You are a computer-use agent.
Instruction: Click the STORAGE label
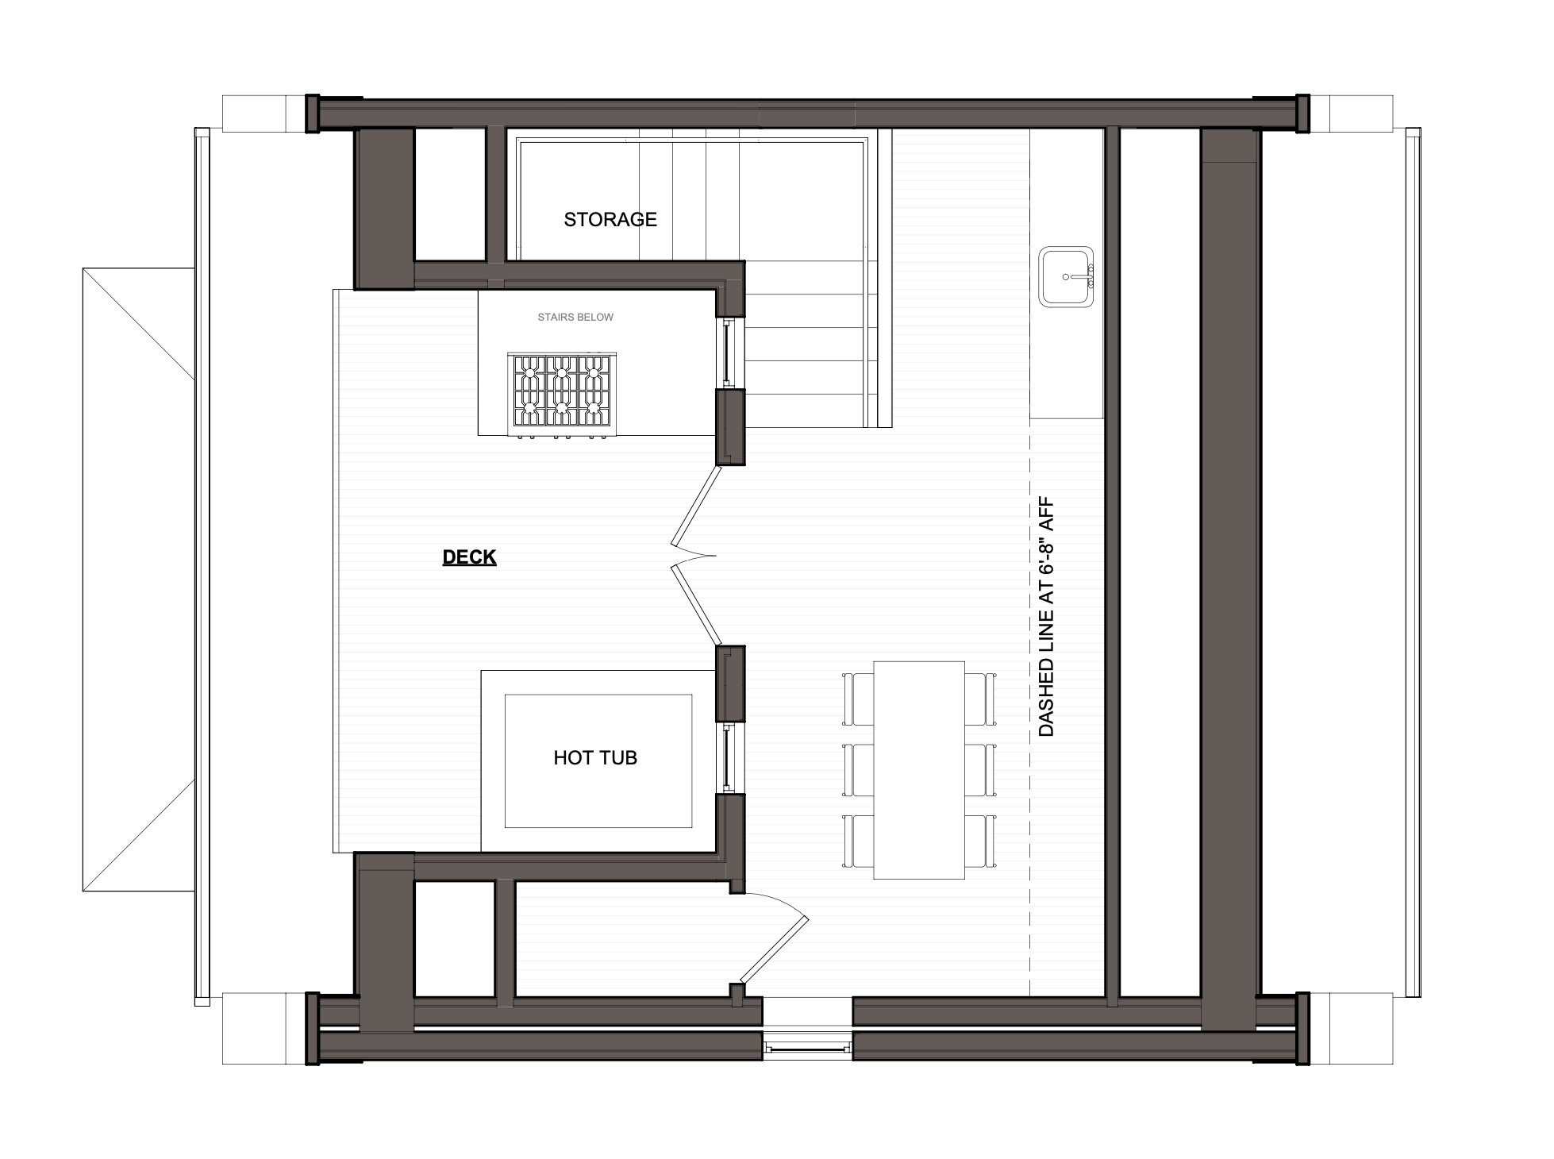pyautogui.click(x=610, y=219)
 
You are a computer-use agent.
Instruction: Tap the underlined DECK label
pyautogui.click(x=469, y=557)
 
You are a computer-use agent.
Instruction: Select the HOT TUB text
pyautogui.click(x=595, y=758)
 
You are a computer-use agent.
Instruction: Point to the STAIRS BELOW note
pyautogui.click(x=575, y=318)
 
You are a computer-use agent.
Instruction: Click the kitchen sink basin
pyautogui.click(x=1067, y=277)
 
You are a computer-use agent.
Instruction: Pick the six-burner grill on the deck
pyautogui.click(x=562, y=395)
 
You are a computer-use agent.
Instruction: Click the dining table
pyautogui.click(x=919, y=770)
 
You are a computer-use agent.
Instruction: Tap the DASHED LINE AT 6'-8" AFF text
pyautogui.click(x=1046, y=617)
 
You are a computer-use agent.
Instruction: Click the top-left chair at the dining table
pyautogui.click(x=858, y=699)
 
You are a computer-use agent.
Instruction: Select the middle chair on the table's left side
pyautogui.click(x=858, y=770)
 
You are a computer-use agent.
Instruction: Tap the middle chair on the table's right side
pyautogui.click(x=981, y=770)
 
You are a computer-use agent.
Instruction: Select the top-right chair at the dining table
pyautogui.click(x=981, y=699)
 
